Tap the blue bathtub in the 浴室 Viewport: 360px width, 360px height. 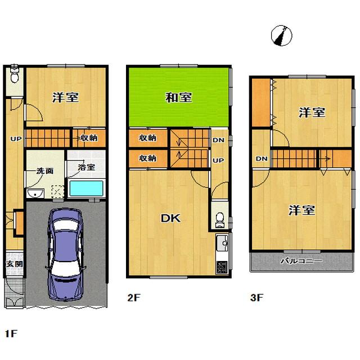(x=85, y=187)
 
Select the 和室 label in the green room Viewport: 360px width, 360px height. (x=179, y=97)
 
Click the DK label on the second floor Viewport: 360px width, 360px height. (x=172, y=218)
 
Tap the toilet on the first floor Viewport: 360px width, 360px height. (x=14, y=74)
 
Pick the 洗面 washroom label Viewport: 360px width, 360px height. (x=45, y=170)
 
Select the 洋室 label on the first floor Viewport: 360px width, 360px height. (x=65, y=97)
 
